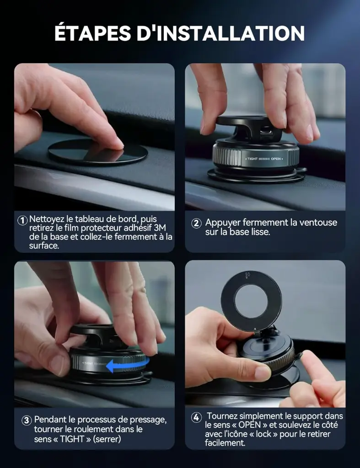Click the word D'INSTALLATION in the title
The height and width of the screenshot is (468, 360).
tap(220, 33)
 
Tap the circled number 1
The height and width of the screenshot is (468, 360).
tap(22, 221)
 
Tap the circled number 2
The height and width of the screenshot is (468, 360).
tap(196, 223)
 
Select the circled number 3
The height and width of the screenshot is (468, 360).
tap(27, 420)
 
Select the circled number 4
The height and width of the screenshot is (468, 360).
tap(196, 417)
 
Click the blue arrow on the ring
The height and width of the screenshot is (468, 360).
tap(128, 365)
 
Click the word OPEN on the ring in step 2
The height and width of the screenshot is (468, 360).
tap(276, 159)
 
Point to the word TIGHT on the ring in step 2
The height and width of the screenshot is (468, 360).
tap(253, 159)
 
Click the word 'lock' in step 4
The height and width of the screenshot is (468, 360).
tap(263, 434)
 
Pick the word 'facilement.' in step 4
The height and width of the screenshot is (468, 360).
tap(225, 442)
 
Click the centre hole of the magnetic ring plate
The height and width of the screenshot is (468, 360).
tap(251, 301)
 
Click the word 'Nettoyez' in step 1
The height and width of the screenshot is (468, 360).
tap(47, 219)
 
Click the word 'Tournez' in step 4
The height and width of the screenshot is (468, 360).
tap(222, 416)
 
